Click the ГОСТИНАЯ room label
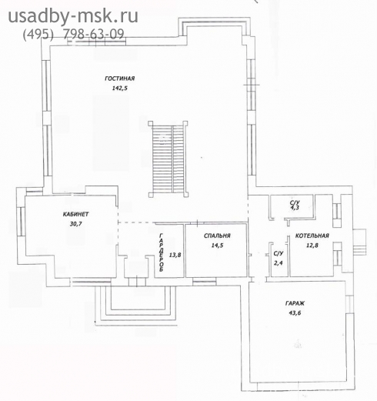click(x=119, y=79)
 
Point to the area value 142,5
click(x=119, y=89)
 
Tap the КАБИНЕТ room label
click(x=75, y=214)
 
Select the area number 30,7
click(x=75, y=224)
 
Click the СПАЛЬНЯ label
click(x=217, y=236)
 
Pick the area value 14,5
click(x=217, y=246)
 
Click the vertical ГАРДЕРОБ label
click(x=162, y=252)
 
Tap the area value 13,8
click(x=175, y=255)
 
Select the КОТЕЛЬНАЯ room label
click(x=312, y=236)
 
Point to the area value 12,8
click(x=312, y=246)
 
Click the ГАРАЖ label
click(x=295, y=303)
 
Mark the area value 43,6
click(x=295, y=313)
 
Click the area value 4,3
click(x=295, y=208)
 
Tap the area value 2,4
click(x=279, y=263)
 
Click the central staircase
click(x=168, y=159)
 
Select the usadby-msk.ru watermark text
click(x=73, y=16)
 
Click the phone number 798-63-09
click(x=94, y=34)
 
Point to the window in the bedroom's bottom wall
click(x=204, y=282)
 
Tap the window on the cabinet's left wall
click(x=21, y=221)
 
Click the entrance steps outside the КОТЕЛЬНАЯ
click(x=359, y=242)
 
